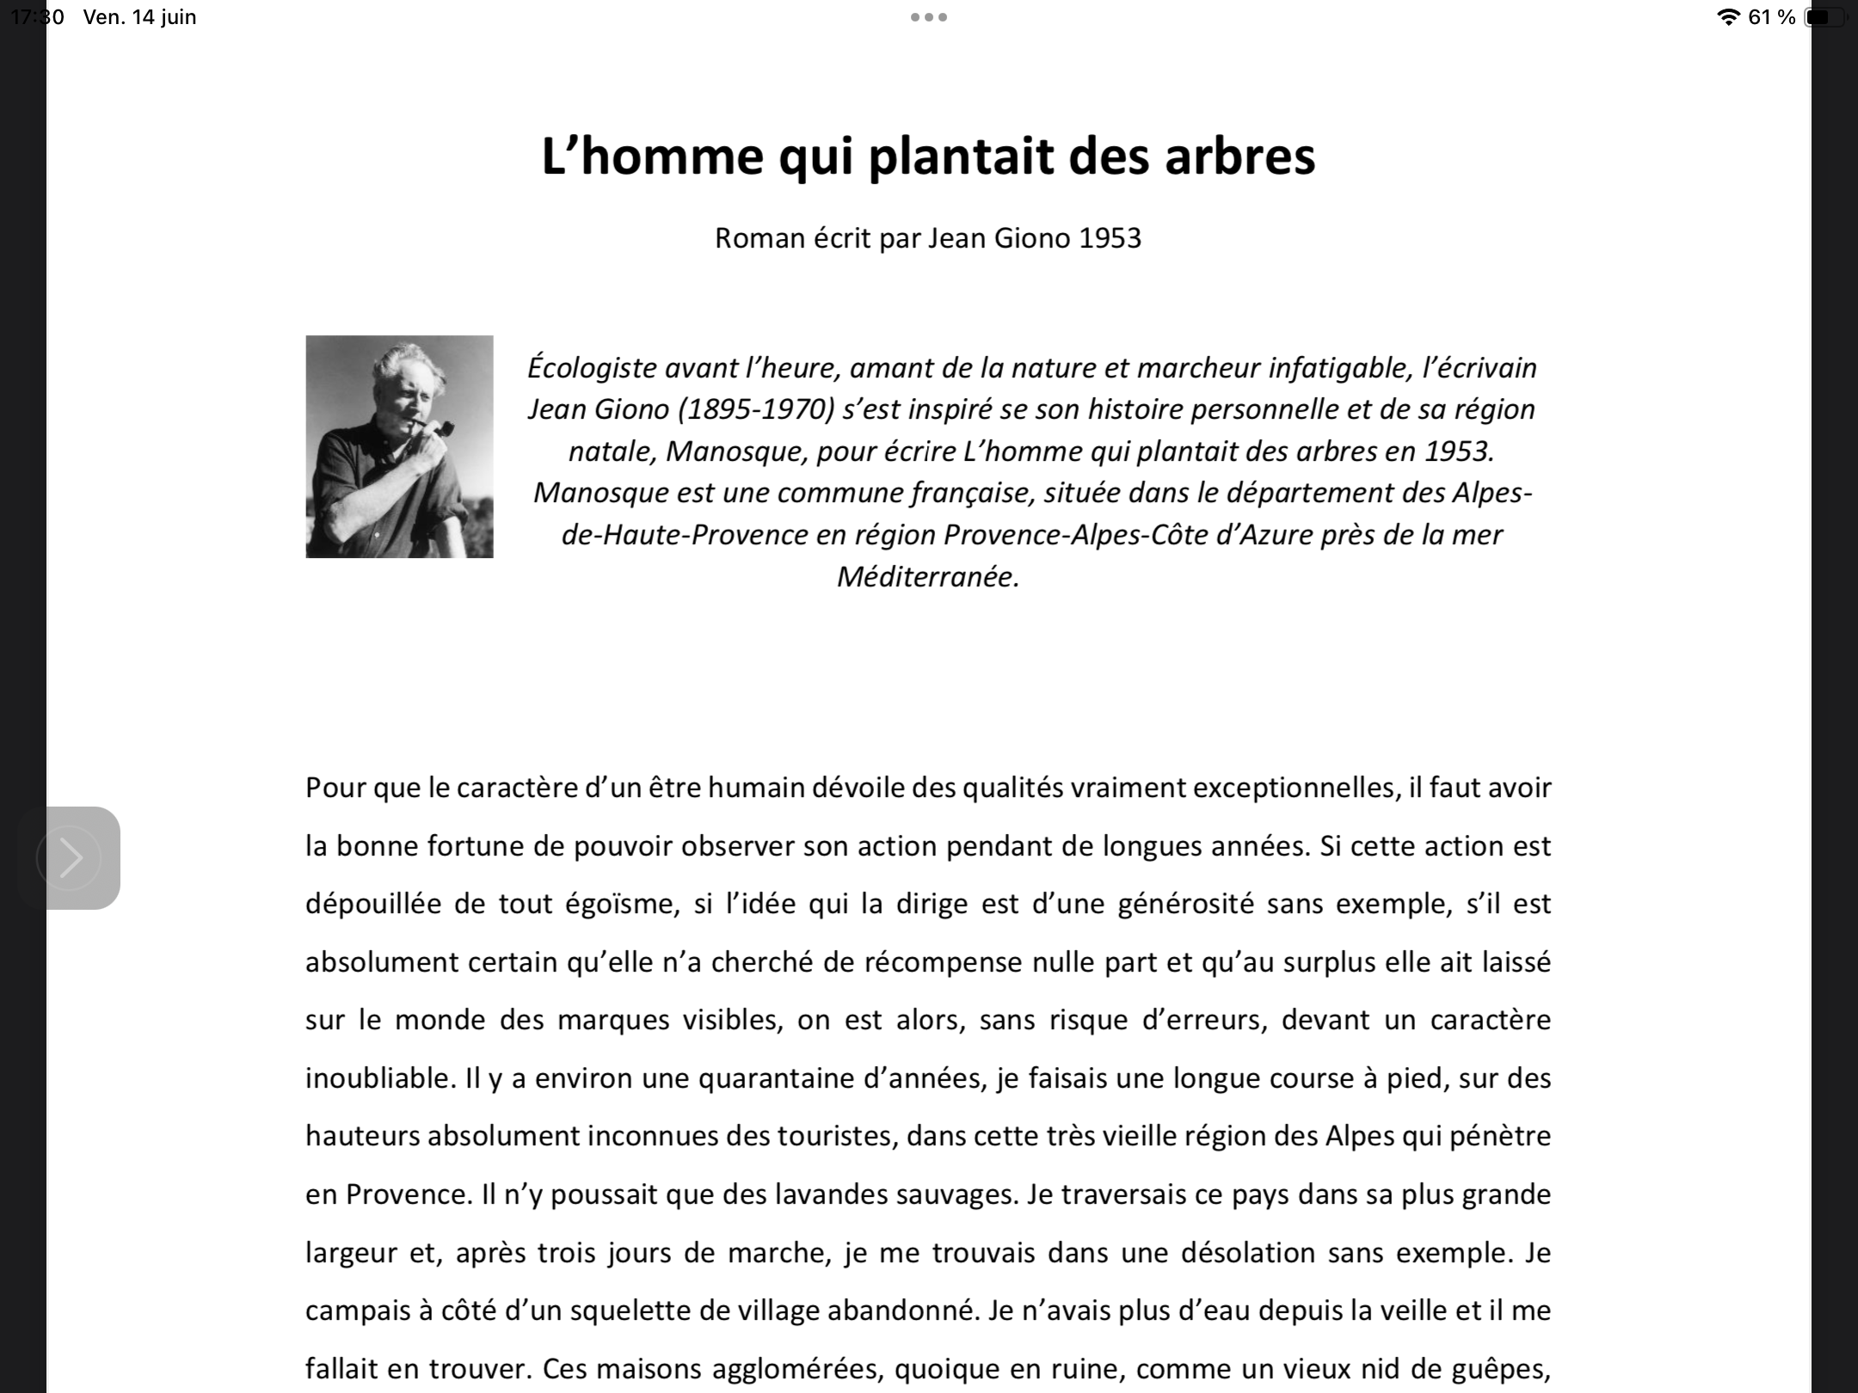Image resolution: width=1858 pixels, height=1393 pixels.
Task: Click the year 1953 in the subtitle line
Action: click(x=1110, y=238)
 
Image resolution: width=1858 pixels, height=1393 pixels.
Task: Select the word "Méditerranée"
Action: click(x=927, y=576)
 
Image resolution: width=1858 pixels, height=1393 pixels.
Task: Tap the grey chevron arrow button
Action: click(x=70, y=857)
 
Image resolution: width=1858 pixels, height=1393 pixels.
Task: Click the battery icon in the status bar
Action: click(x=1824, y=17)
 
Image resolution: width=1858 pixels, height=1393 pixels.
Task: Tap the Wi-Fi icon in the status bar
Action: click(x=1727, y=17)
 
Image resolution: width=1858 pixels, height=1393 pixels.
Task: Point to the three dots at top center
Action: click(x=929, y=17)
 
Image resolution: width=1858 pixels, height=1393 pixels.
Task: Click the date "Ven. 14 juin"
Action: click(x=139, y=17)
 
